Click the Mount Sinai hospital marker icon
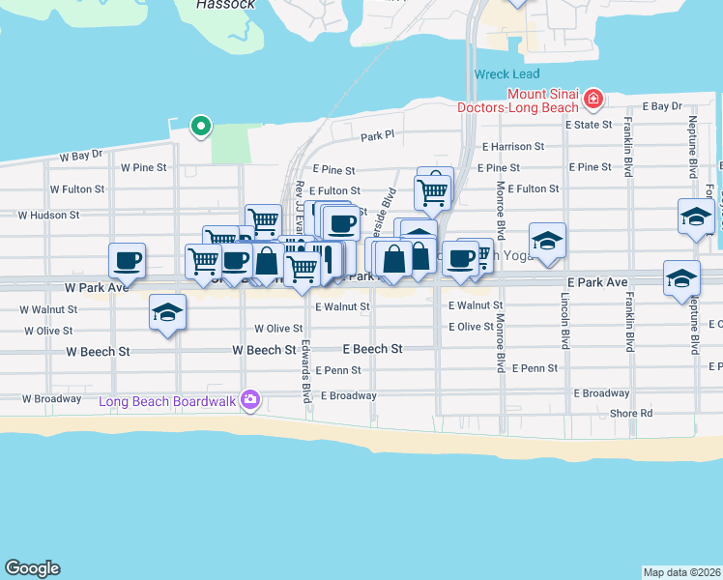point(593,99)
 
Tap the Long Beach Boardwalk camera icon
point(250,399)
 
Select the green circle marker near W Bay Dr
point(201,125)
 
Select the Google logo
point(32,568)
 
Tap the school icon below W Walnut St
point(167,313)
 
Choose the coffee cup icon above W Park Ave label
point(128,260)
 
